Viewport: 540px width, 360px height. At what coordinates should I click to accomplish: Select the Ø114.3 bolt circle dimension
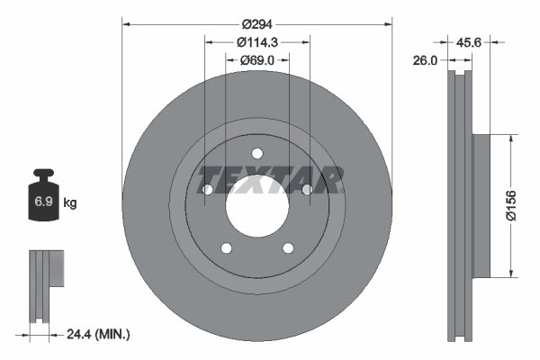[257, 40]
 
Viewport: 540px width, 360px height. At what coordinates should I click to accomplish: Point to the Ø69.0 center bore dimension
[257, 59]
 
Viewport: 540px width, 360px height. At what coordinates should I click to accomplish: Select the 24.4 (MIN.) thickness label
[99, 334]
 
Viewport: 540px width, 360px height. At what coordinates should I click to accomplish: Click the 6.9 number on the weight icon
[42, 202]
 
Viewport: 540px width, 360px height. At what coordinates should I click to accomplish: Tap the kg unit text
[70, 203]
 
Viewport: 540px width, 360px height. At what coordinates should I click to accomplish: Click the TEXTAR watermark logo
[270, 179]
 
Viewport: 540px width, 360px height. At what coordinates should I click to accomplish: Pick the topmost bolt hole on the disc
[257, 153]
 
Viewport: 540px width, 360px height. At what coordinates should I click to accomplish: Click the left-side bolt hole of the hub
[207, 190]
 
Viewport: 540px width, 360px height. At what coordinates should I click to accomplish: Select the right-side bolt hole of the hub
[307, 189]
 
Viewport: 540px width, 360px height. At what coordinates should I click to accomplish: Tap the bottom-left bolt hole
[226, 248]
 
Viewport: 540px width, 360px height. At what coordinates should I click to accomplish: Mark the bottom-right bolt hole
[288, 248]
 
